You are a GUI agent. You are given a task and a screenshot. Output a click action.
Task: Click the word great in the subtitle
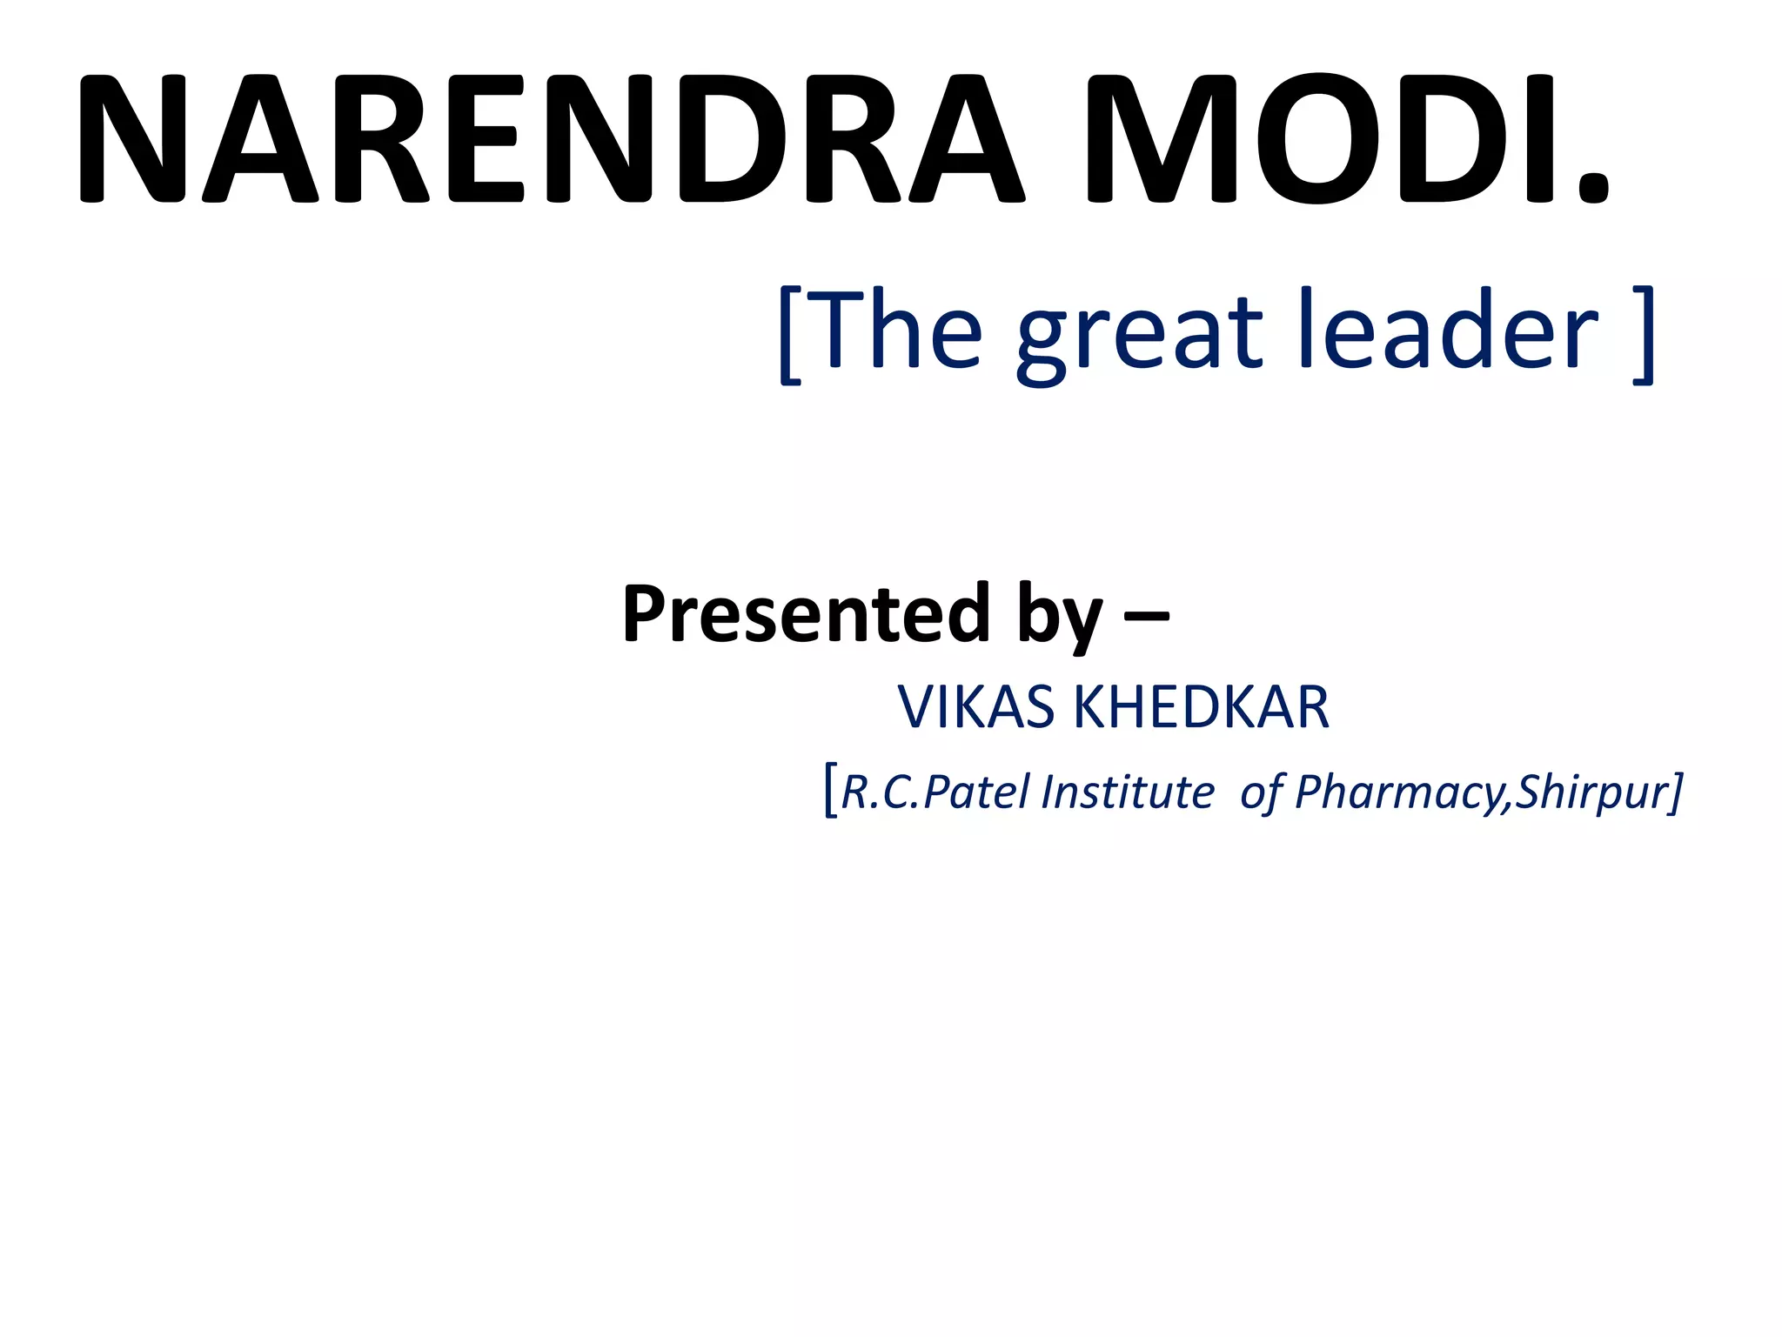tap(1140, 335)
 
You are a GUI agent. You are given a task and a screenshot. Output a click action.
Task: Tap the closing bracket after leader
tap(1643, 335)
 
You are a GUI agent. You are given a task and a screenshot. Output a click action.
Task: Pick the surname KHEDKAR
tap(1201, 706)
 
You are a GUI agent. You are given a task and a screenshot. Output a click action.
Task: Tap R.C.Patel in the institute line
tap(938, 792)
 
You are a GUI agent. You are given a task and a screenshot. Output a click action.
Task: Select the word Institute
tap(1128, 792)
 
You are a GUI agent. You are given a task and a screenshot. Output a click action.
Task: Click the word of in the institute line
tap(1261, 792)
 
